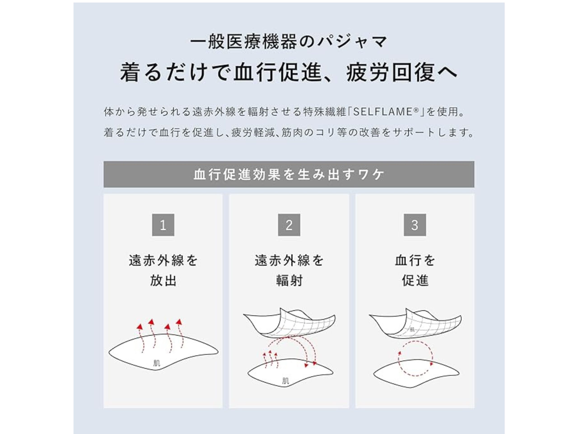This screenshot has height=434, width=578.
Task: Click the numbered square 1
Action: (163, 225)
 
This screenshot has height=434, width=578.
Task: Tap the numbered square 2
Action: (289, 225)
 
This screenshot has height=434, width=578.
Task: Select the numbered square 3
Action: (415, 225)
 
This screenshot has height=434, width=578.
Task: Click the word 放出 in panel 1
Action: (163, 281)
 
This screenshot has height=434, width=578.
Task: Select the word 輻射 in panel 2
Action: (289, 281)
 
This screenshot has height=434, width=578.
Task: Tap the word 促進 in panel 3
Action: (415, 281)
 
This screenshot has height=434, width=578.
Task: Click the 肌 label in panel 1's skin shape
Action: (156, 363)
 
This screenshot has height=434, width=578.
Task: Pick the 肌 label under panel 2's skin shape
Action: (286, 381)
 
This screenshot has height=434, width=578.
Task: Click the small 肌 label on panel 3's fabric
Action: (412, 330)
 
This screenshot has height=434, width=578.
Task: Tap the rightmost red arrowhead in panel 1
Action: (179, 322)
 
